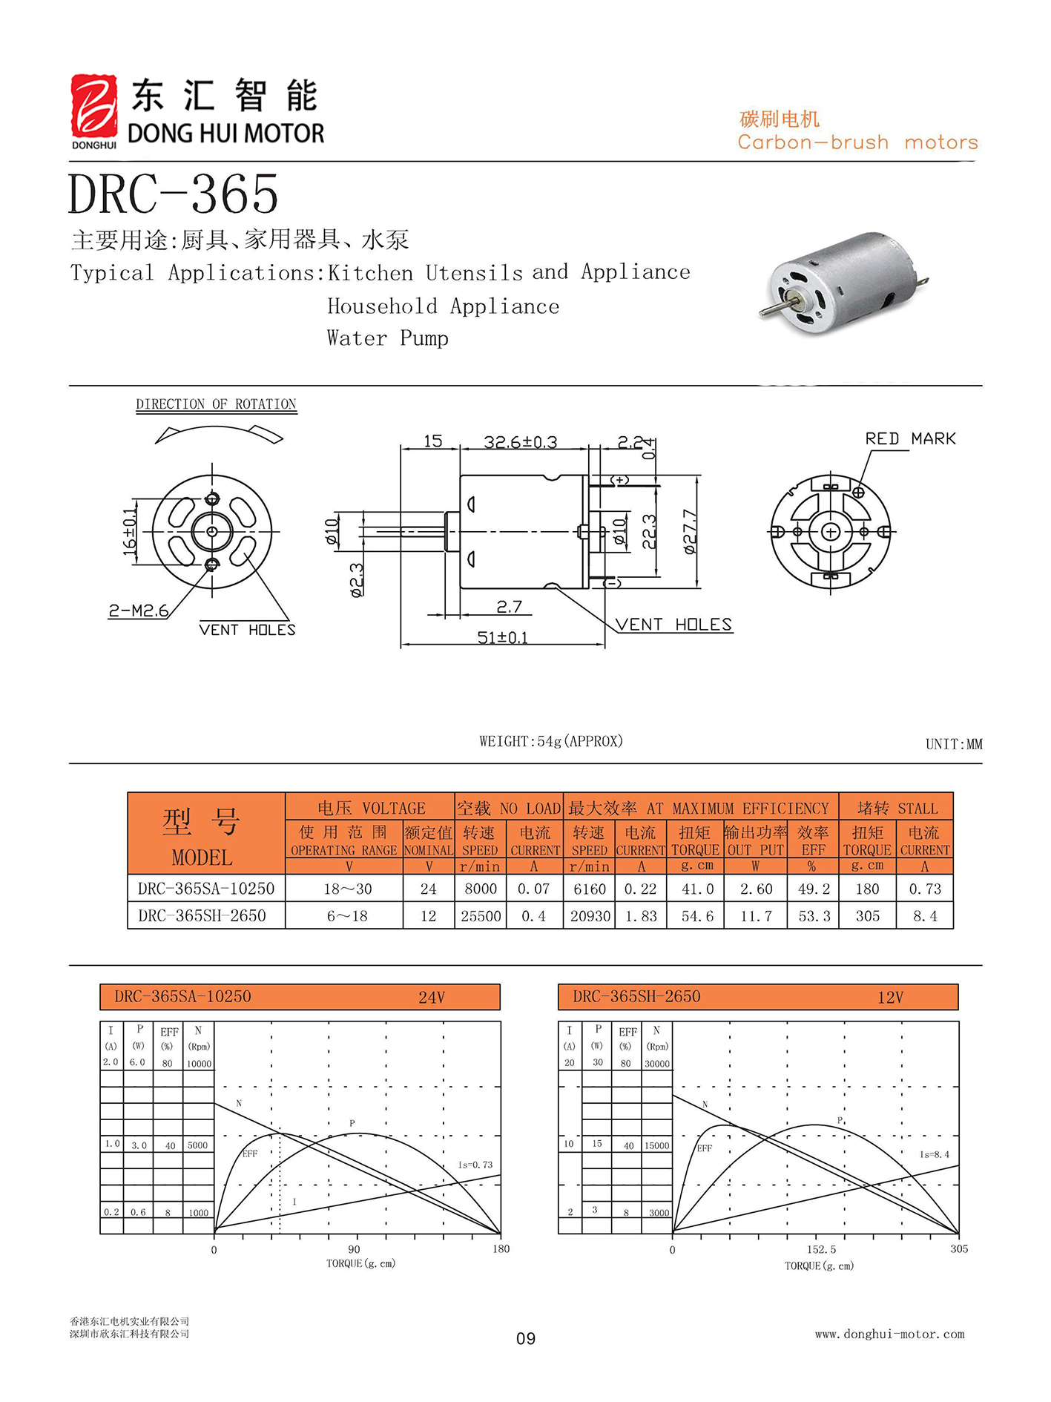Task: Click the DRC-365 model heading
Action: point(173,194)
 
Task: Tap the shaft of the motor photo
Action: point(776,306)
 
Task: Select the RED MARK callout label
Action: point(910,438)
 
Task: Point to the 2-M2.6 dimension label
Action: point(139,611)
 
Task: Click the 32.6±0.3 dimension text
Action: point(520,442)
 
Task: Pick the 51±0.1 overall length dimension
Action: point(502,637)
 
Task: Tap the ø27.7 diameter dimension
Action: point(690,531)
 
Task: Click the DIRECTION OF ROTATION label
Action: point(216,404)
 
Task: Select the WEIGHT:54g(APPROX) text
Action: point(551,741)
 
